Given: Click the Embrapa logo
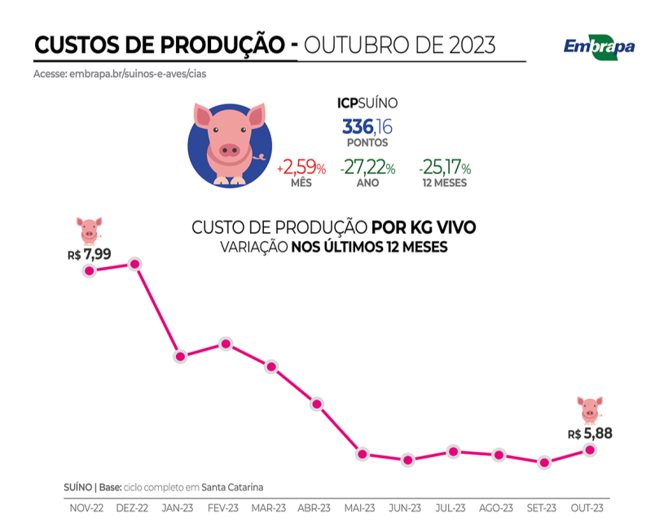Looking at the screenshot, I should (599, 46).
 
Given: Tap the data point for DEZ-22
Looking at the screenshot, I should (136, 264).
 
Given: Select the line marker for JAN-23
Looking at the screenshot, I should (181, 357).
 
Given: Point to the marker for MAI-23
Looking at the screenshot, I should (363, 454).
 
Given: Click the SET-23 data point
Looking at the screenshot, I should (544, 463).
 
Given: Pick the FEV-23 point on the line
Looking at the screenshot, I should (226, 344).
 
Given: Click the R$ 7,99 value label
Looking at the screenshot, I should (89, 254).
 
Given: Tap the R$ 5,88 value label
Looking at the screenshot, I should (590, 433).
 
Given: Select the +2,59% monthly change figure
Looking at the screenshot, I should (301, 169).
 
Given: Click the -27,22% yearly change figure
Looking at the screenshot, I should (368, 169).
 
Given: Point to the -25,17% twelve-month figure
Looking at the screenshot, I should (445, 169).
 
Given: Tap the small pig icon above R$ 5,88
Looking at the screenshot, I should (589, 409).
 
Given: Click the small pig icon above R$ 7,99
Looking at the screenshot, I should (89, 229).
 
